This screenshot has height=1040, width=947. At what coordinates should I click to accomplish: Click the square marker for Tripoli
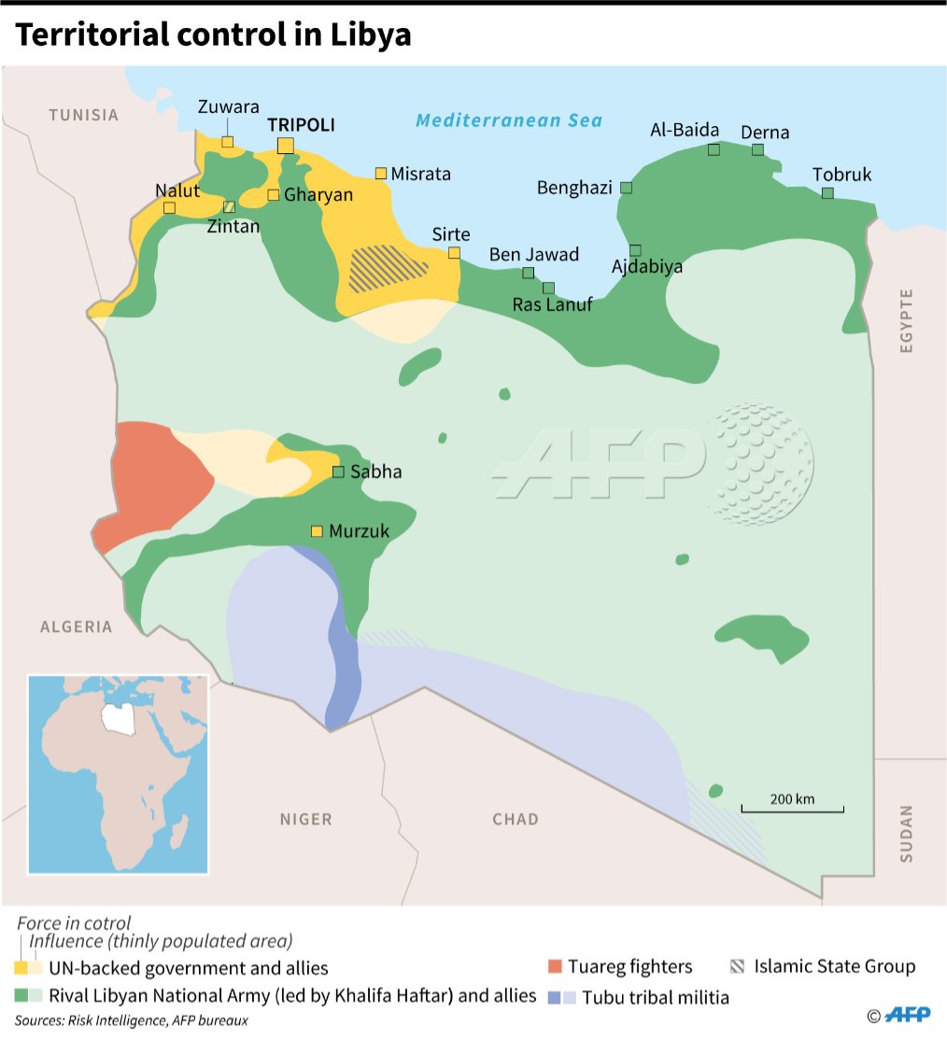point(286,145)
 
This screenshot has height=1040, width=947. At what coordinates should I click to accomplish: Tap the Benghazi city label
point(574,188)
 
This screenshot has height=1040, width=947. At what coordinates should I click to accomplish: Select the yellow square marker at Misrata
point(381,173)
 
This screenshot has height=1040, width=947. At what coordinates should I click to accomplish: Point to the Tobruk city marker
point(827,193)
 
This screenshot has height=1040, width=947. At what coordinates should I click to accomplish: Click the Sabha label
point(375,471)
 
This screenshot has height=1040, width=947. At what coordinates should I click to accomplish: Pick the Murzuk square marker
point(317,531)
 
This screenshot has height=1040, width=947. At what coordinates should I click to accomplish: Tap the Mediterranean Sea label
point(509,120)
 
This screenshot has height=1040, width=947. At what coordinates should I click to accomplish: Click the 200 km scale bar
point(793,809)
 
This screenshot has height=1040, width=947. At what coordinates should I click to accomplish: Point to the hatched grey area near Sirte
point(387,268)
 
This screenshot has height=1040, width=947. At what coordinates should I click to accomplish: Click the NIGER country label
point(305,819)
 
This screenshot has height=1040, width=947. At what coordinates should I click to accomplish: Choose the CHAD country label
point(516,819)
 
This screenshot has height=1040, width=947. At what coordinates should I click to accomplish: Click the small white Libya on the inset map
point(115,718)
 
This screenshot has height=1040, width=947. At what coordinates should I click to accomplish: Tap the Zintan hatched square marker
point(230,206)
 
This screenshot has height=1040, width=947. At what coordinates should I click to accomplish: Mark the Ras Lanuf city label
point(552,304)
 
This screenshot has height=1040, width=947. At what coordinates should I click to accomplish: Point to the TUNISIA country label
point(84,115)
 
